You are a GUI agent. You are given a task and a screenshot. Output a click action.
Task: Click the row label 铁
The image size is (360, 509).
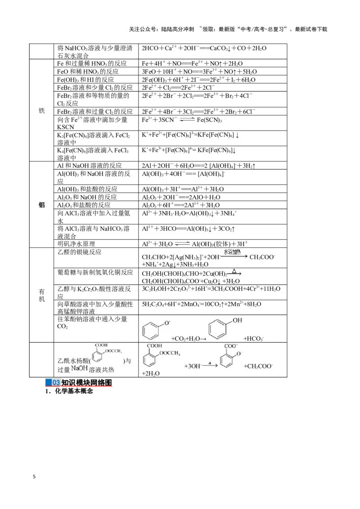point(41,111)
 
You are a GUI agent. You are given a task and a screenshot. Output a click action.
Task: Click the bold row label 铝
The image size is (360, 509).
point(41,205)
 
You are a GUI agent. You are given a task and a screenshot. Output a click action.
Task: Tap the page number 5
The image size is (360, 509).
point(34,477)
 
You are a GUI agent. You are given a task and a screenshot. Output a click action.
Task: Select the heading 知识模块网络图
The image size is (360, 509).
point(86,383)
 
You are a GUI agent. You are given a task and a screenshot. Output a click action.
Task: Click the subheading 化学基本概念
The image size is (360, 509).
point(74,391)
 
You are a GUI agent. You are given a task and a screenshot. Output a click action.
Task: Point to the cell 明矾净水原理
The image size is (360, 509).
point(76,244)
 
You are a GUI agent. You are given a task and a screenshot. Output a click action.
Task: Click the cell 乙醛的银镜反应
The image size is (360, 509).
point(80,252)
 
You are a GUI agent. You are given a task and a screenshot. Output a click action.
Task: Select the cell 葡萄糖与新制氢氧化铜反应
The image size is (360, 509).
point(95,272)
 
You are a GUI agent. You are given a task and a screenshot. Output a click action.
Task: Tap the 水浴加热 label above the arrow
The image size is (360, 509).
point(232,252)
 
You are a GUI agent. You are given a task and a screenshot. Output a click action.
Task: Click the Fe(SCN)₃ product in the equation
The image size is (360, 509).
point(209,120)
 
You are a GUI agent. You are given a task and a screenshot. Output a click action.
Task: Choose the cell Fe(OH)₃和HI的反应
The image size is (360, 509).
point(85,80)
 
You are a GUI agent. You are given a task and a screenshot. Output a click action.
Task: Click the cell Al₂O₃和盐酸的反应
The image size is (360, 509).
point(84,205)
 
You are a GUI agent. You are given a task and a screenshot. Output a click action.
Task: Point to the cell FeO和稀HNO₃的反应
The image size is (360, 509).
point(88,71)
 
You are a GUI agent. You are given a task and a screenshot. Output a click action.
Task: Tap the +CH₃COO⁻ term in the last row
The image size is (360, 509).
point(258,366)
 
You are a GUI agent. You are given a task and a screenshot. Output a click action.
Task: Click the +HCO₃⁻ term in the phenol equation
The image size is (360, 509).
point(253,339)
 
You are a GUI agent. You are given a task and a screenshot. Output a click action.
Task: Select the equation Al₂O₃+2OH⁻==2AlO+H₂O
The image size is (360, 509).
point(181,197)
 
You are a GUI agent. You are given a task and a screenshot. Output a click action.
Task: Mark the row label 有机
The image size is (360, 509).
point(41,295)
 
